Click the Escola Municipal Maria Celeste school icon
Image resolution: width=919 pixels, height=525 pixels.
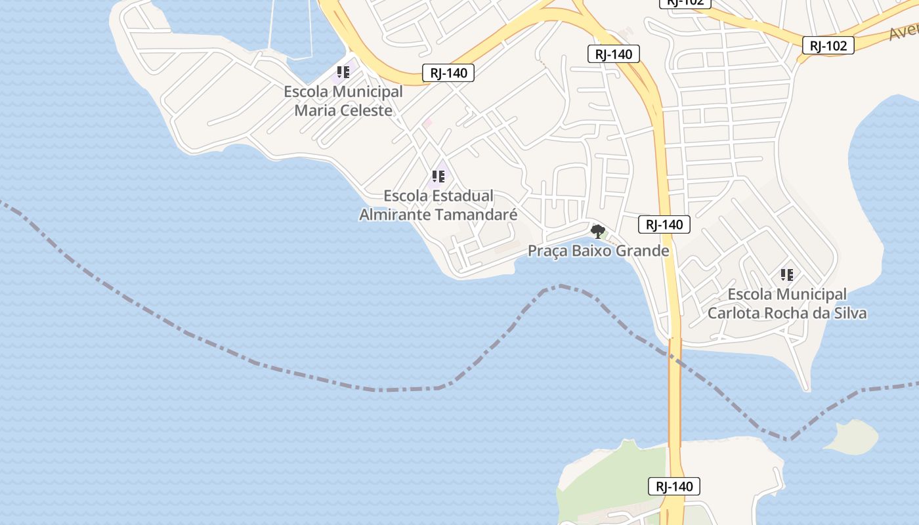point(343,72)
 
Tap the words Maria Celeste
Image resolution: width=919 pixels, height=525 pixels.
point(343,110)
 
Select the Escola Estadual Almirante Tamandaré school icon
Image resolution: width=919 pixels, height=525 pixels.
point(438,177)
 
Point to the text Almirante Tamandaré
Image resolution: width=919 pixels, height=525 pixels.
point(438,215)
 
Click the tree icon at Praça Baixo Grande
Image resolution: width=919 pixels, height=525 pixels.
point(597,231)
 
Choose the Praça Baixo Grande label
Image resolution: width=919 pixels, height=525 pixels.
point(599,251)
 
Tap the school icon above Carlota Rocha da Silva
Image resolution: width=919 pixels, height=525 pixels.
point(786,275)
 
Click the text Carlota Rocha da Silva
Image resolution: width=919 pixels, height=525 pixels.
point(786,313)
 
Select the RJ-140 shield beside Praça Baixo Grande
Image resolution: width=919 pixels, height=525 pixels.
point(664,224)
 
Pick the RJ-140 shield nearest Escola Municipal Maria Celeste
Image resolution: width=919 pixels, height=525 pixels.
point(448,73)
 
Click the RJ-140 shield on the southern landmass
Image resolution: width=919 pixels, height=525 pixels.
point(673,486)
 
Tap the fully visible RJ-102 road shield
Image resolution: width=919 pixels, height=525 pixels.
point(828,45)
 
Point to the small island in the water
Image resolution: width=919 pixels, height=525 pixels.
point(851,436)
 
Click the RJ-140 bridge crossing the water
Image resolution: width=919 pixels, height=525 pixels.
point(675,394)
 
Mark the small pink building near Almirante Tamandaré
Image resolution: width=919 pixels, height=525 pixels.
point(427,123)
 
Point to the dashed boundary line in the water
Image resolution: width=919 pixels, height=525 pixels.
point(263,364)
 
